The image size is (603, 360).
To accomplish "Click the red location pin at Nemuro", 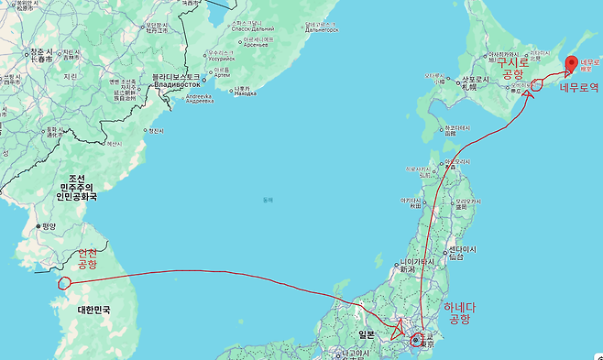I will (571, 64).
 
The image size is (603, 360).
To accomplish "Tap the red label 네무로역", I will (579, 88).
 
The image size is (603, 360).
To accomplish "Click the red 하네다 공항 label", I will (455, 312).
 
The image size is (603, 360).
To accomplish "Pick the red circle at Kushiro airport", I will (537, 85).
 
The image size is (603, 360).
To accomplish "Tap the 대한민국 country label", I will (93, 310).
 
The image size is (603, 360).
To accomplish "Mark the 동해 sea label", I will (268, 200).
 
